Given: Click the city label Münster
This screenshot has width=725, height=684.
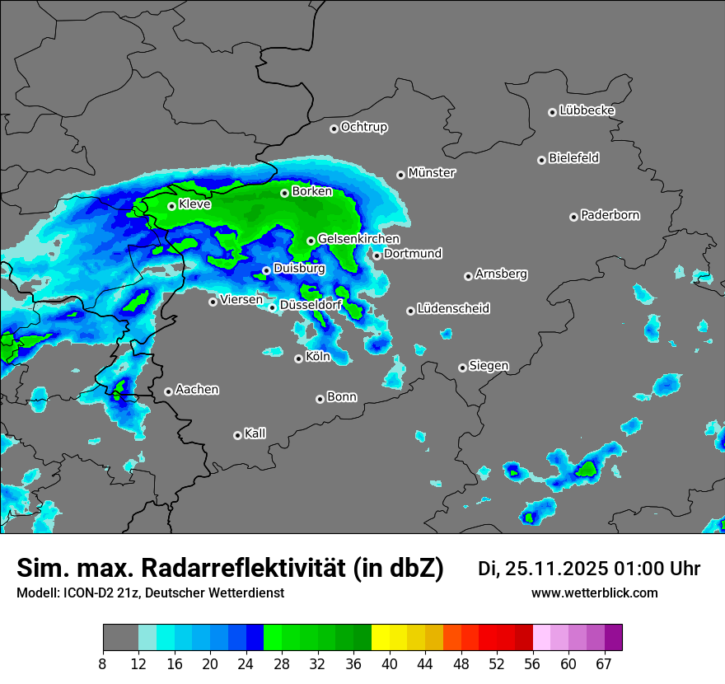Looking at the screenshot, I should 432,173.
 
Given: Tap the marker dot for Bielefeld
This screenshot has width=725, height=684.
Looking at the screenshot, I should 542,160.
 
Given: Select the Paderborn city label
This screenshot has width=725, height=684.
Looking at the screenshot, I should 610,215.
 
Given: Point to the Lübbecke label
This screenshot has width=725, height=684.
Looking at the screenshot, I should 587,110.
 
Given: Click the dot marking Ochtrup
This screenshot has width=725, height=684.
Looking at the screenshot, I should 334,129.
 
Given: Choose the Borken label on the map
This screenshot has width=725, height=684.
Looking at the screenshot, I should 312,191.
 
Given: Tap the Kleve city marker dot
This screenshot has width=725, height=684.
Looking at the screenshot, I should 172,207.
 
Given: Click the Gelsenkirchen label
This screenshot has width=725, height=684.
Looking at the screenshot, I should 358,239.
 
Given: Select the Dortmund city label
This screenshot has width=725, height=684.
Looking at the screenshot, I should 413,254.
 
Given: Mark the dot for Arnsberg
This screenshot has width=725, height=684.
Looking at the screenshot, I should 468,276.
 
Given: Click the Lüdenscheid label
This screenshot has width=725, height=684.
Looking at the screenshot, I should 453,309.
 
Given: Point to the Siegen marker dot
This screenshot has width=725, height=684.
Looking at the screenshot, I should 462,368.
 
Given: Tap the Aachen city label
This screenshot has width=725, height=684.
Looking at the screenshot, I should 197,390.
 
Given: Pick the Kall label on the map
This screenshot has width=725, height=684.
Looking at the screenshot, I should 255,433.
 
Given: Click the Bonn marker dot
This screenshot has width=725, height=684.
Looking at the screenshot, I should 320,399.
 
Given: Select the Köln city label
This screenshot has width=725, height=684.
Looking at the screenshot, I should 318,357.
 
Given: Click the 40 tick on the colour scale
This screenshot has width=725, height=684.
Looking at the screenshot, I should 390,664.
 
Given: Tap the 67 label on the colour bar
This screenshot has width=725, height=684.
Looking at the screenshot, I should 604,664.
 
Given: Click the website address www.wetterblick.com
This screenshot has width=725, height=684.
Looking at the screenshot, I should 594,593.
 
